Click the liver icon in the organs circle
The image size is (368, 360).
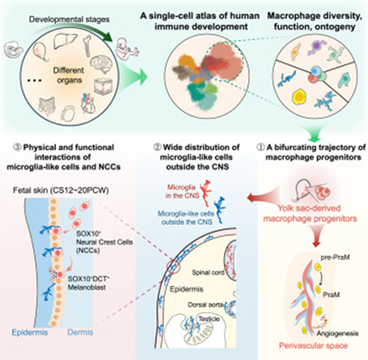click(x=63, y=42)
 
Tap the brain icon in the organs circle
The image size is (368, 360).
click(x=100, y=65)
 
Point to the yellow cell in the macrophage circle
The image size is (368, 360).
click(x=299, y=96)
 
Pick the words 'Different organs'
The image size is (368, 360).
click(x=68, y=75)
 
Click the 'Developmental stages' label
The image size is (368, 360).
click(x=69, y=19)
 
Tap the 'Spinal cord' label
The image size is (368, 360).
click(x=208, y=272)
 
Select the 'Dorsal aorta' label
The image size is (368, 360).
click(x=206, y=305)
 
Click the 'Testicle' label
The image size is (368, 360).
click(x=209, y=319)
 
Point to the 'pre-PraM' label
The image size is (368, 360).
click(x=335, y=258)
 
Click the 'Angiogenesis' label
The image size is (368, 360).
click(x=337, y=333)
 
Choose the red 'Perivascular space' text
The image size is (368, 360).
click(x=314, y=346)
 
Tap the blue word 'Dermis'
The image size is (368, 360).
click(x=80, y=332)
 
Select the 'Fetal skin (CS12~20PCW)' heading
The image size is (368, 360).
click(x=61, y=191)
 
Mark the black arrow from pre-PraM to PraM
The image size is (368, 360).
click(x=321, y=277)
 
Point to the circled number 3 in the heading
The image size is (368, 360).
click(x=18, y=147)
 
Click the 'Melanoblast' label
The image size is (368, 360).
click(x=87, y=287)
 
